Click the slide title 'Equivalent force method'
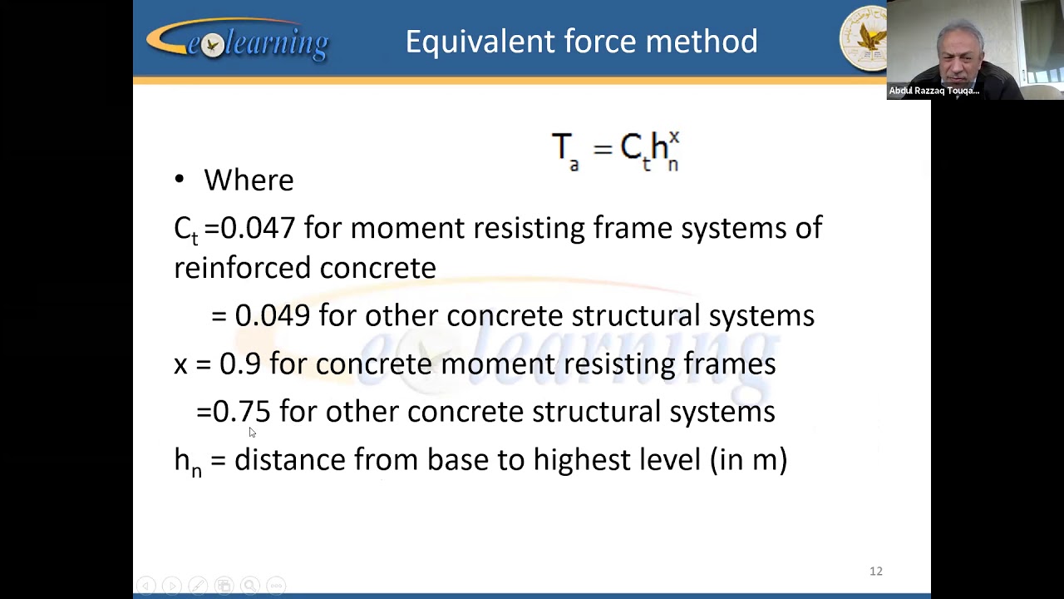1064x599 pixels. [x=581, y=42]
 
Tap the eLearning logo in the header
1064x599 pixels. [x=238, y=41]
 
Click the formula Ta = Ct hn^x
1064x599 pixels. [x=615, y=150]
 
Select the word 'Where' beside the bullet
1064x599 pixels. [x=249, y=181]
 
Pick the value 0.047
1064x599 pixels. [x=258, y=228]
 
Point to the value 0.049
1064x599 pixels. [x=273, y=315]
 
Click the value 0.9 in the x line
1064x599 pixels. [x=239, y=364]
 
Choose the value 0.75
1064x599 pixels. [x=242, y=411]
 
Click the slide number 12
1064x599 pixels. [x=876, y=571]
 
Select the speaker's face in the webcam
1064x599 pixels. [x=961, y=52]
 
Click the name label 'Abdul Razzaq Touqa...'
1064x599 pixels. [x=934, y=91]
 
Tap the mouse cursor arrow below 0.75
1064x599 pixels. [x=252, y=432]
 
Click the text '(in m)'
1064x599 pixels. [x=748, y=459]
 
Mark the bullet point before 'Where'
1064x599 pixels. [x=180, y=180]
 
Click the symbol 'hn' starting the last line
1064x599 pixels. [x=187, y=462]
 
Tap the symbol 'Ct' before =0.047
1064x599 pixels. [x=185, y=230]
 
